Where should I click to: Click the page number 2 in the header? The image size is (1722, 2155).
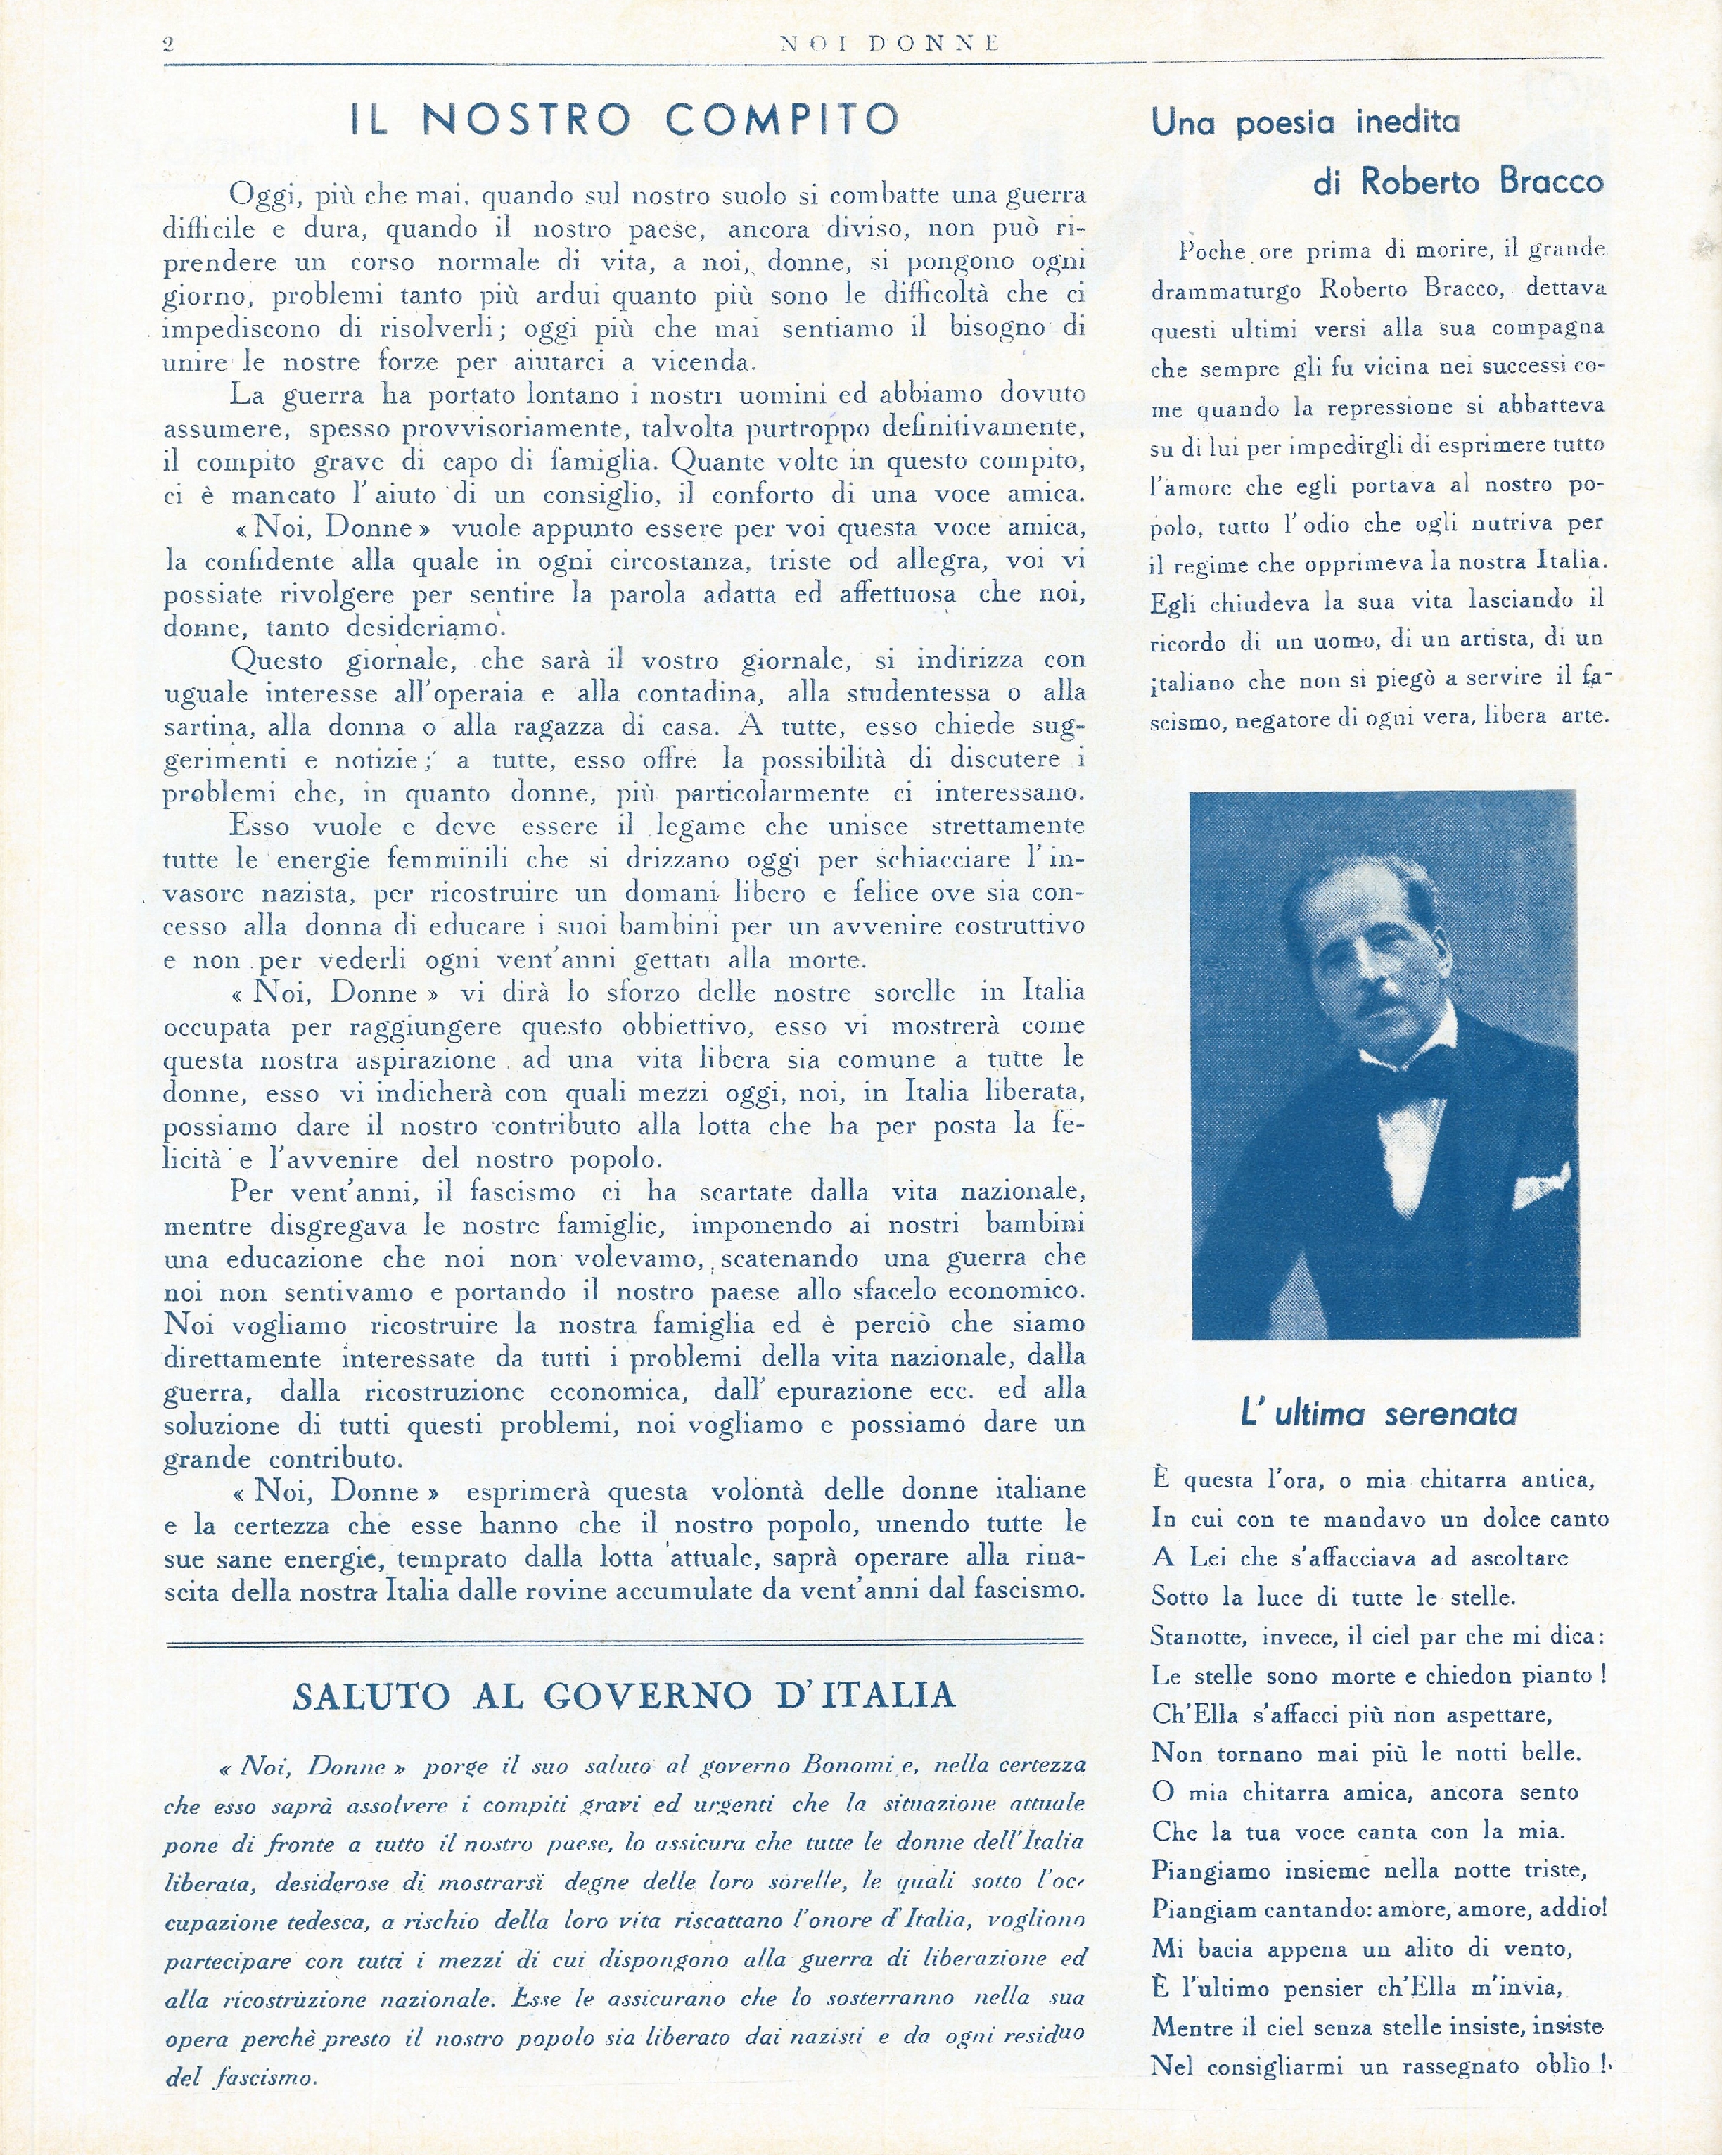(169, 43)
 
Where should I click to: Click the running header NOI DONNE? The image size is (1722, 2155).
(888, 43)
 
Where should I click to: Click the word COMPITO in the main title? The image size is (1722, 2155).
(782, 120)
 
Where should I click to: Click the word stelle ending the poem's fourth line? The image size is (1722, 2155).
(1481, 1597)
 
